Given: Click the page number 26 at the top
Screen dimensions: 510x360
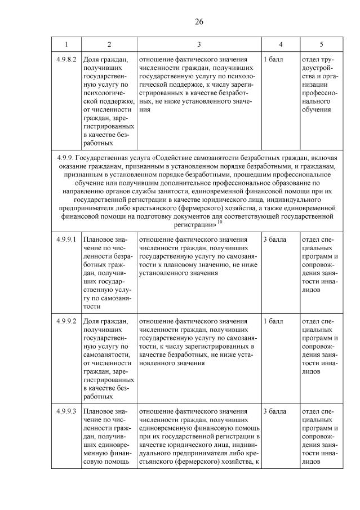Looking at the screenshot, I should click(199, 22).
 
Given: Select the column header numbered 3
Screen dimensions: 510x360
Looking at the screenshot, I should click(199, 44).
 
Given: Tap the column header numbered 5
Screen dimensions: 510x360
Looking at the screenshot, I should click(321, 44).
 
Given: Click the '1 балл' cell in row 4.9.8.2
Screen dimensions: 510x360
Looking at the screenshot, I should click(273, 59).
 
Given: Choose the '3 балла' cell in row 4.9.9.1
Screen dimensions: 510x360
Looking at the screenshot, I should click(275, 240).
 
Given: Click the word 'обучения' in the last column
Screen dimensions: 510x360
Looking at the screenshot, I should click(317, 109).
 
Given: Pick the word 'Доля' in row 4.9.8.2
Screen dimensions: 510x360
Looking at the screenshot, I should click(92, 59).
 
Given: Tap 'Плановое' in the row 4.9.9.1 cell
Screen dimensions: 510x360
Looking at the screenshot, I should click(99, 240).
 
